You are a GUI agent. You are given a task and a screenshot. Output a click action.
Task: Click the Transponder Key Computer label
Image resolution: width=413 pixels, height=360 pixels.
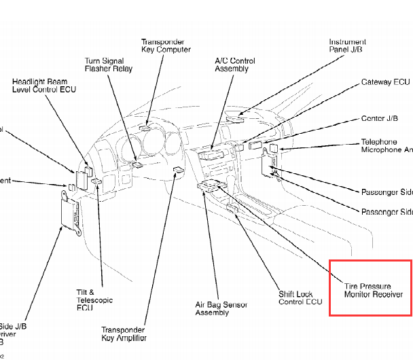click(166, 45)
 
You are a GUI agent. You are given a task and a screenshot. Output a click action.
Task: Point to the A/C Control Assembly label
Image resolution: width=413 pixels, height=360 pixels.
click(236, 65)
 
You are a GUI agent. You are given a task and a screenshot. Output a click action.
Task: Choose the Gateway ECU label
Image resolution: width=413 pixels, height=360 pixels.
click(385, 82)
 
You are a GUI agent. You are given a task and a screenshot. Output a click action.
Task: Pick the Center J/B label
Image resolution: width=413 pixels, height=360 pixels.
click(383, 119)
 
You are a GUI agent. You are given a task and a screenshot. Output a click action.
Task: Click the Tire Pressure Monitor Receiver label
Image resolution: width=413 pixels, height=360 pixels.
click(373, 290)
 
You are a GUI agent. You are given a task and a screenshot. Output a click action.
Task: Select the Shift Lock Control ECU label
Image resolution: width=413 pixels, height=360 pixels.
click(300, 298)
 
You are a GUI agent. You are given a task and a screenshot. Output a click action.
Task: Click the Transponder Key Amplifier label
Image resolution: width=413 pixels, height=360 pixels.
click(124, 333)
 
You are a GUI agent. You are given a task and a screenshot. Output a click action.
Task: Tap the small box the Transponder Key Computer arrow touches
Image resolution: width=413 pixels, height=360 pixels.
click(145, 127)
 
